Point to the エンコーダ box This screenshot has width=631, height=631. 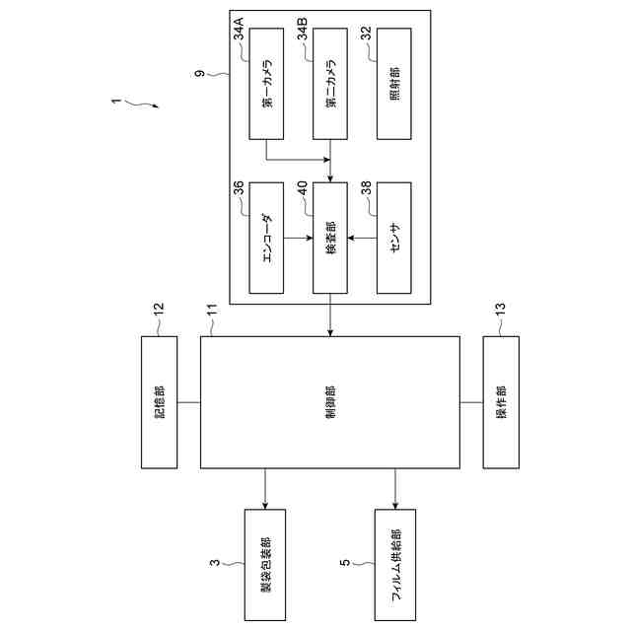(x=266, y=238)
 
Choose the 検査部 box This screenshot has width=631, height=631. (x=330, y=238)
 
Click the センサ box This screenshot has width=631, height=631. (x=393, y=238)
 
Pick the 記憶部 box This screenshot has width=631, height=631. (x=160, y=402)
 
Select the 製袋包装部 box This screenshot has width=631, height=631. (x=265, y=564)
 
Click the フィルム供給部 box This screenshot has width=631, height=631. (x=395, y=564)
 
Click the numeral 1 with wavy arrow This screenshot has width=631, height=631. (x=117, y=101)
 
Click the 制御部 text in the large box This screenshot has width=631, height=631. (x=330, y=402)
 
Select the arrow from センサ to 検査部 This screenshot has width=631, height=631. (x=363, y=238)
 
